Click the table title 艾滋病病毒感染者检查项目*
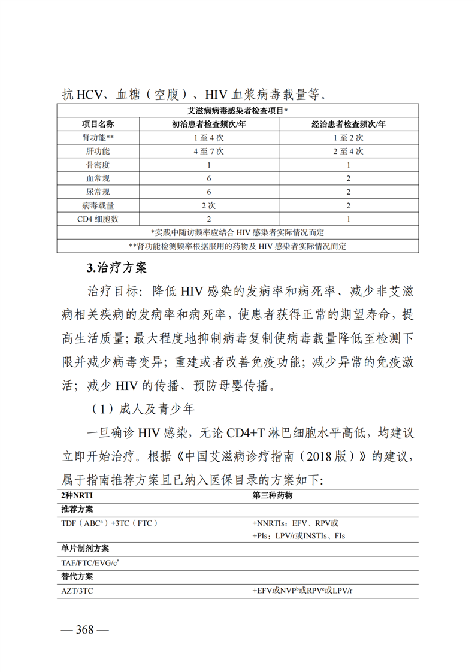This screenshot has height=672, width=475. [x=237, y=111]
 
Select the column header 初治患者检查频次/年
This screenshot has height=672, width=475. [x=209, y=124]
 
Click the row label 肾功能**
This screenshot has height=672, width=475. [x=98, y=137]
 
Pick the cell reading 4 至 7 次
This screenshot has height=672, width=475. [x=209, y=151]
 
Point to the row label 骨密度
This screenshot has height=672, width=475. [x=98, y=165]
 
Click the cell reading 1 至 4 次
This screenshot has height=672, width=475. [x=209, y=137]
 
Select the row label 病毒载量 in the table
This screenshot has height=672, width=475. [x=98, y=205]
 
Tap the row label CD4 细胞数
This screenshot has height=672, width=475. [x=98, y=219]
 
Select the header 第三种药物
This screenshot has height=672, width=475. [x=273, y=497]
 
